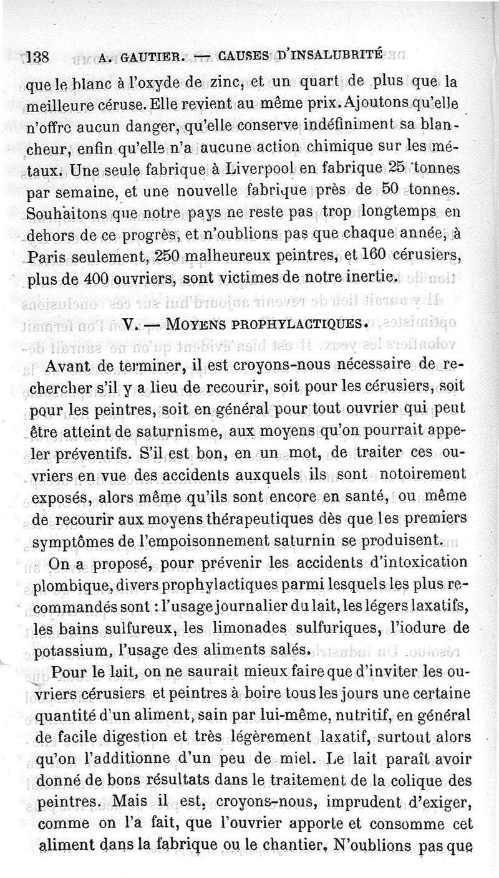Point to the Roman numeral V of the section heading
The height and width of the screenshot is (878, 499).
pos(129,325)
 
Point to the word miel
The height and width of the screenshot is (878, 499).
pos(289,742)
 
